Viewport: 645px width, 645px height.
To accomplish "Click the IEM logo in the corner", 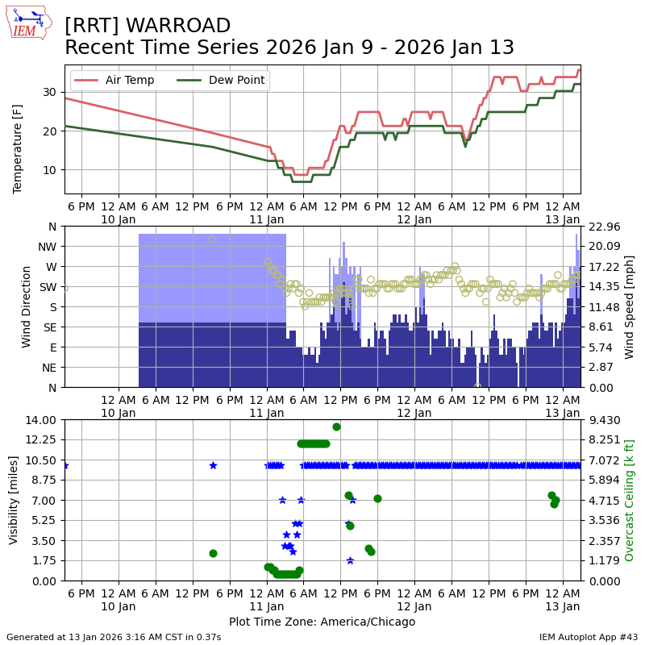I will [x=28, y=23].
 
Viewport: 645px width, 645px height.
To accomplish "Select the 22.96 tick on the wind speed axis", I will [x=603, y=227].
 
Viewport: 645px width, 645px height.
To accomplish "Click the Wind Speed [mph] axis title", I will [x=630, y=306].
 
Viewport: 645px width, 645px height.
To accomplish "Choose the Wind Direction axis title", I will [x=27, y=306].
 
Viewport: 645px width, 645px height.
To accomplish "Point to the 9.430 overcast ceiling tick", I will [x=603, y=419].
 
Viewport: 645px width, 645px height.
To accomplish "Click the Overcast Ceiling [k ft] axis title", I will [x=630, y=500].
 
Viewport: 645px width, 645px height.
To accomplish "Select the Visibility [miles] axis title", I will [x=14, y=500].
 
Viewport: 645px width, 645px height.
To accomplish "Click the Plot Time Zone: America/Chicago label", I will [x=322, y=622].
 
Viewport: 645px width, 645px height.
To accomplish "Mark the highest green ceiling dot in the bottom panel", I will [x=336, y=427].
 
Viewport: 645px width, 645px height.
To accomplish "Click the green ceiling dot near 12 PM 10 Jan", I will [x=213, y=553].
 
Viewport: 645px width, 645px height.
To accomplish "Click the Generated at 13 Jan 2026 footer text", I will [x=114, y=637].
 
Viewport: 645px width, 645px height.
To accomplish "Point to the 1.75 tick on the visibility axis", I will [x=43, y=560].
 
